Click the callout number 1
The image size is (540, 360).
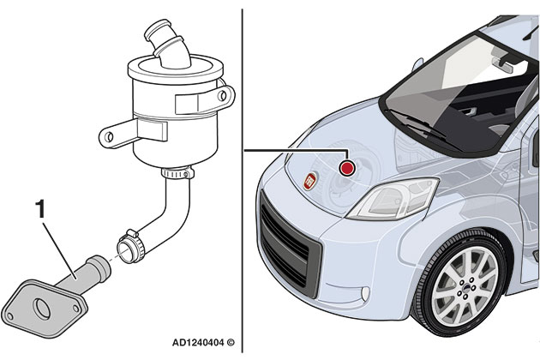click(x=40, y=209)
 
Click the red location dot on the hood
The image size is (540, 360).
click(x=347, y=168)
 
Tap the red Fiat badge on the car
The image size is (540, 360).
click(x=310, y=181)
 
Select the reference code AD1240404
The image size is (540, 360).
click(x=198, y=343)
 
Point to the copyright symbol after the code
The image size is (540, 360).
click(x=231, y=343)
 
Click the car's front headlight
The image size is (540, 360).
click(x=393, y=199)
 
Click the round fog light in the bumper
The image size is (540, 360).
click(x=365, y=293)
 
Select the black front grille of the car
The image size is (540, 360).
click(x=289, y=245)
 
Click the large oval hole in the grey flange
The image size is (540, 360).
click(x=42, y=309)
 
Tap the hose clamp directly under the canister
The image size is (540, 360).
click(x=177, y=172)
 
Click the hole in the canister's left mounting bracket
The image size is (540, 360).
click(x=109, y=137)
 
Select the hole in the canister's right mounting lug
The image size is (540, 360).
click(x=223, y=95)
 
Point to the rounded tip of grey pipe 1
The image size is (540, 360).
click(x=102, y=267)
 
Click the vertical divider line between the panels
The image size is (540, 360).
click(x=243, y=181)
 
